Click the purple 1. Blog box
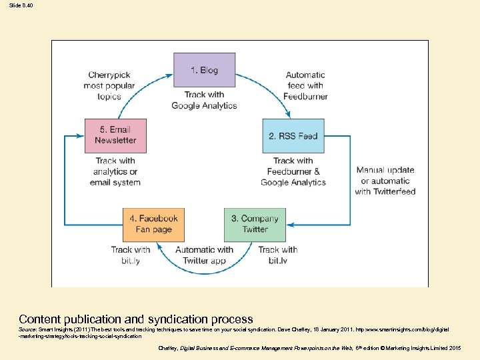(204, 70)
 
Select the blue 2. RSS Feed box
(293, 136)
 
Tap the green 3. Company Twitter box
(255, 224)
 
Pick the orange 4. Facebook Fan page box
(153, 224)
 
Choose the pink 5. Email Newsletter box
(115, 136)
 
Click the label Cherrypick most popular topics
(109, 85)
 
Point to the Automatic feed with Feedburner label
(305, 85)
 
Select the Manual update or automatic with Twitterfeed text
(385, 181)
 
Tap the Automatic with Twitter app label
(204, 255)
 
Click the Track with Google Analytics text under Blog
(204, 100)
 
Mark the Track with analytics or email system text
(115, 171)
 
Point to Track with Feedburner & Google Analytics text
(293, 171)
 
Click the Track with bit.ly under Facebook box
(131, 255)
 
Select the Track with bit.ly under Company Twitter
(277, 255)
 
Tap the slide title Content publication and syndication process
(136, 319)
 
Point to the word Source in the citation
(27, 329)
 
